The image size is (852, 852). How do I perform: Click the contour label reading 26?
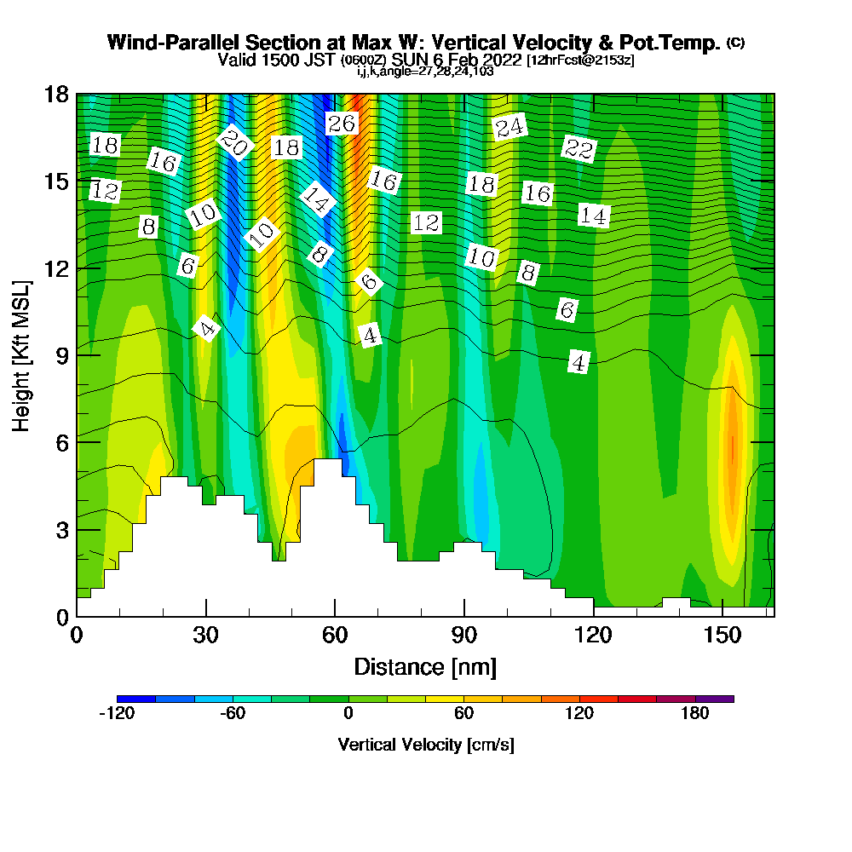click(341, 124)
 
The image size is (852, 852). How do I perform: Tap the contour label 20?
click(233, 142)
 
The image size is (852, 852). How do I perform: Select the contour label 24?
click(509, 128)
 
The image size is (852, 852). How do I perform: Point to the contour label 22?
click(579, 149)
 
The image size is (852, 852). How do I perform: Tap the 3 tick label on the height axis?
click(61, 529)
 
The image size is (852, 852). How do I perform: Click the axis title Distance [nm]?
click(425, 666)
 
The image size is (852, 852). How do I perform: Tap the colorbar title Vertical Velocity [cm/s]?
click(426, 745)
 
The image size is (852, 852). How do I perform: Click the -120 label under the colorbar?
click(117, 714)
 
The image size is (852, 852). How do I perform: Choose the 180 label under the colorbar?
click(695, 714)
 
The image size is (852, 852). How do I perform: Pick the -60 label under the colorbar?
click(233, 714)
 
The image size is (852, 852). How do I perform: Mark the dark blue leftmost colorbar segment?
click(136, 699)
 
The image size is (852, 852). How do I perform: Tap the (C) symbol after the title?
click(735, 42)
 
